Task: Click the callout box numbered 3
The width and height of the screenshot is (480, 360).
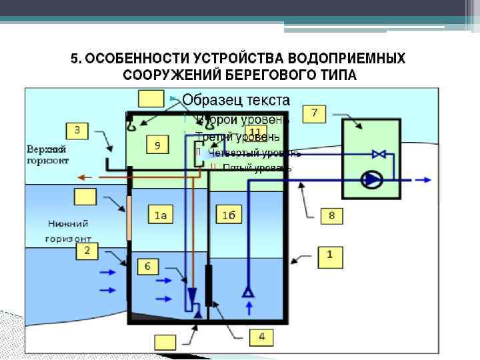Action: point(77,130)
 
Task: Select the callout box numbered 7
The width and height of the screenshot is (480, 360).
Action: point(314,113)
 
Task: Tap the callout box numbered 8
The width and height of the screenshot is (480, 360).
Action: point(331,215)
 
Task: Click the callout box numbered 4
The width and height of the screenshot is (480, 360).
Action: point(261,337)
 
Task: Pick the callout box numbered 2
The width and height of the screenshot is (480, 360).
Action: point(87,250)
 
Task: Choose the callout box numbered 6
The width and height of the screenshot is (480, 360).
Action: point(148,267)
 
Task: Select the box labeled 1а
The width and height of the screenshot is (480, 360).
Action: point(161,215)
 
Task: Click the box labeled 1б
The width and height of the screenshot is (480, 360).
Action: point(228,215)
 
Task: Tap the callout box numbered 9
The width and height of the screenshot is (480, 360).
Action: point(158,145)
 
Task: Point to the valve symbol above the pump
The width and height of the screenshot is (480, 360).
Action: point(379,155)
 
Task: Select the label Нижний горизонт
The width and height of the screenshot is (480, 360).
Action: point(69,230)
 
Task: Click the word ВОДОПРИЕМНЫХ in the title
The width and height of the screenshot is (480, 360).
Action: point(351,59)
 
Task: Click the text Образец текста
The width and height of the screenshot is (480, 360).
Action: point(236,100)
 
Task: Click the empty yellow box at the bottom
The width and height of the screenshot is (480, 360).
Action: point(165,343)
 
